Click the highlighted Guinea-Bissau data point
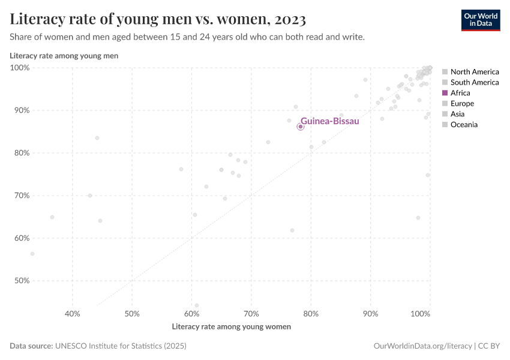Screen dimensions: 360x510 (x=301, y=127)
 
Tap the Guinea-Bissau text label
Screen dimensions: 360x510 (x=329, y=121)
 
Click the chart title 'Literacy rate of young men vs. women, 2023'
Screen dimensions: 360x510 (x=158, y=20)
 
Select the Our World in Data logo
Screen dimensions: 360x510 (x=480, y=20)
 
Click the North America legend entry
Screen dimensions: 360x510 (x=474, y=72)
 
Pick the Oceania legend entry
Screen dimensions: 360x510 (x=463, y=125)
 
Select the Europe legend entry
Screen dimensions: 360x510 (x=461, y=104)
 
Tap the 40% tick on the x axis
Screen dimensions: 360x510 (x=73, y=314)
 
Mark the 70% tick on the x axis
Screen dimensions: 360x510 (x=251, y=314)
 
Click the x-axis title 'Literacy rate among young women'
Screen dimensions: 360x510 (x=231, y=327)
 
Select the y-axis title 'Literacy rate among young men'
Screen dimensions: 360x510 (x=64, y=56)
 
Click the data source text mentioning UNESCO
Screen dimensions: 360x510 (x=98, y=346)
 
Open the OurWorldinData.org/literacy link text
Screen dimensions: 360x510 (x=422, y=346)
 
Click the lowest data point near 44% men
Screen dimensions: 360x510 (x=196, y=305)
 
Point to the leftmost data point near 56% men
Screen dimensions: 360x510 (x=32, y=254)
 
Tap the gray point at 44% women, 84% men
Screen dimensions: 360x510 (x=97, y=138)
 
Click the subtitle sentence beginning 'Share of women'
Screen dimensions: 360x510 (x=187, y=37)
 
